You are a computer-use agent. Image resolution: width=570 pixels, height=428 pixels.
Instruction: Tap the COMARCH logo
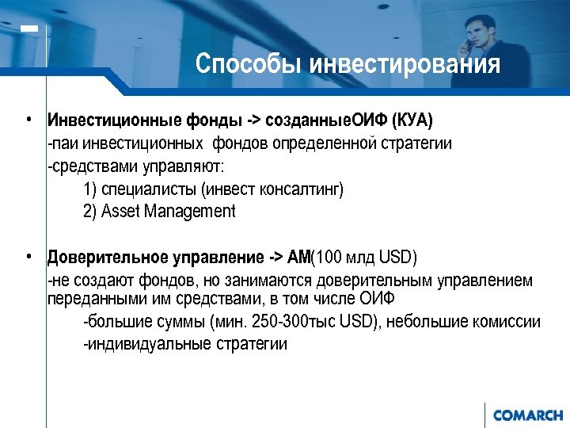[527, 415]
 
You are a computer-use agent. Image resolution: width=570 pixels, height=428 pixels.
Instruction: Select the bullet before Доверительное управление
[28, 257]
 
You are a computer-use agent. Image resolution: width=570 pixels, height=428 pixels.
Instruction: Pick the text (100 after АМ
[328, 258]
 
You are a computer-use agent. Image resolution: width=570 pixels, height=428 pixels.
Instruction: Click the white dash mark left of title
[29, 29]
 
